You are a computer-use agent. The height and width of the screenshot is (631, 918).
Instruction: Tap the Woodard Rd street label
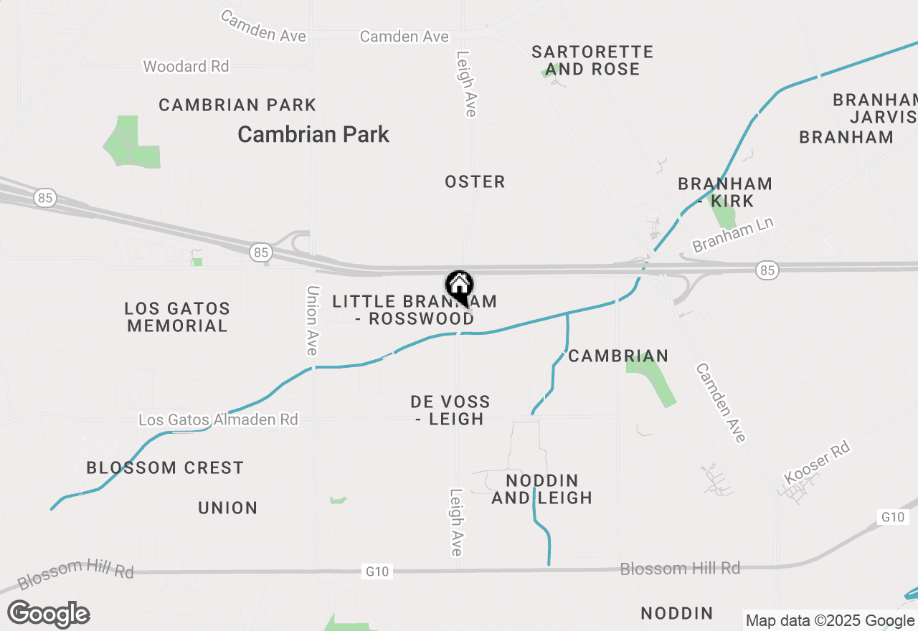186,67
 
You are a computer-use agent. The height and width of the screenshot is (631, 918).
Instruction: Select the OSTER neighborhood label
475,182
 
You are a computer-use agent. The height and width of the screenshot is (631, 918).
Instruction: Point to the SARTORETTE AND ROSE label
592,61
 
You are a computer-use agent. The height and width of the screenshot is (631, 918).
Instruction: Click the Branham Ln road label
733,236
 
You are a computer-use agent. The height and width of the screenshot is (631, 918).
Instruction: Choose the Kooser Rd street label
817,462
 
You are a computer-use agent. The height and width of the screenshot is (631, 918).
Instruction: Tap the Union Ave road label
312,320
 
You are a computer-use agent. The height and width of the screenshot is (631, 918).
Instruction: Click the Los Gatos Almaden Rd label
218,419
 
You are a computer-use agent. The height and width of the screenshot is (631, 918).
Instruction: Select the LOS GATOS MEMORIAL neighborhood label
177,317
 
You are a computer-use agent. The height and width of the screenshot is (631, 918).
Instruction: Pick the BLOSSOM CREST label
165,468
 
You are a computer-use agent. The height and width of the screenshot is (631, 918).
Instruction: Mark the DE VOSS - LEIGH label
450,410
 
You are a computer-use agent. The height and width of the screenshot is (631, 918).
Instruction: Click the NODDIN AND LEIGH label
542,488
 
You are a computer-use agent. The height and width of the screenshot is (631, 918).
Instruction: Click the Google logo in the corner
48,615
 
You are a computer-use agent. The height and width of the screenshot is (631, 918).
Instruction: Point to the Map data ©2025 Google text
830,621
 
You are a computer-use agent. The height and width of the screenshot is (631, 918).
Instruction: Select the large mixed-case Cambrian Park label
313,134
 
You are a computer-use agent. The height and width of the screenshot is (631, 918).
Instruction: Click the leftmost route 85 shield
46,198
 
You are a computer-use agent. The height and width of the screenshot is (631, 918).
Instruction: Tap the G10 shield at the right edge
893,517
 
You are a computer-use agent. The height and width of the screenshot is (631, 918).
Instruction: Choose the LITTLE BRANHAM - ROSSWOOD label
415,310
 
